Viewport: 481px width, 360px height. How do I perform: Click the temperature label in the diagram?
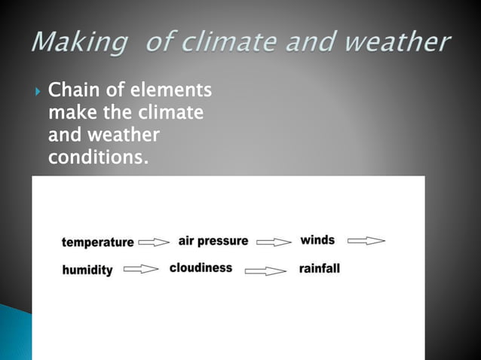[97, 243]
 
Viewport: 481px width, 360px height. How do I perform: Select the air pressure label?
[213, 241]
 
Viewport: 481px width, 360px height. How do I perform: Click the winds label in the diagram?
[317, 240]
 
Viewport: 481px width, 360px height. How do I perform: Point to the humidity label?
[87, 270]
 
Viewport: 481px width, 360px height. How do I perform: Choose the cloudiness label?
[201, 268]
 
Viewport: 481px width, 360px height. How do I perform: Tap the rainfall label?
[320, 268]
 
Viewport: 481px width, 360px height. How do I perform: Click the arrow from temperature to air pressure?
[155, 243]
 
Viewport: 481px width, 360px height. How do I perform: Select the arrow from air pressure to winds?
[274, 243]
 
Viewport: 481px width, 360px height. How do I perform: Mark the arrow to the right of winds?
[366, 242]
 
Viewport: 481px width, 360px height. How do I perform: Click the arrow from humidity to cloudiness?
[141, 269]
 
